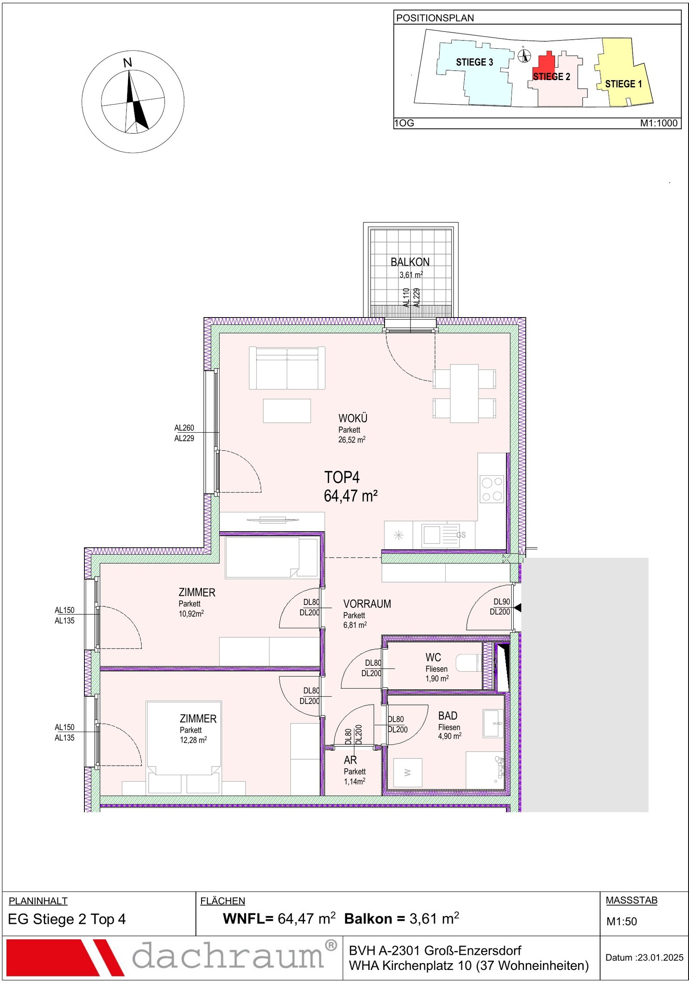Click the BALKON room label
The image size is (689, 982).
pos(410,262)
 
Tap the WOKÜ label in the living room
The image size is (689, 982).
pos(353,418)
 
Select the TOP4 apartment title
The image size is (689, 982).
pos(341,477)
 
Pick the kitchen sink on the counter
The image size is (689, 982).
pos(440,535)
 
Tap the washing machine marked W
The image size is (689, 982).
pos(407,773)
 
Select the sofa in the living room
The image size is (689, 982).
pos(287,368)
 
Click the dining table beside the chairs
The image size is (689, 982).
pos(464,393)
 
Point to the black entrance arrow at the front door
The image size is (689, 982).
pos(518,608)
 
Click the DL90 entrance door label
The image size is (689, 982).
pos(502,602)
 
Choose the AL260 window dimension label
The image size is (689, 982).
pos(184,428)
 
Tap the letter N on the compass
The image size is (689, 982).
pos(127,63)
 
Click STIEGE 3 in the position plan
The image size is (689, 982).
pos(474,62)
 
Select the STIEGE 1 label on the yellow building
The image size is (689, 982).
pos(623,84)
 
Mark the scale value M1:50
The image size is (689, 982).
pos(621,921)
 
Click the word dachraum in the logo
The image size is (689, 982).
pos(228,956)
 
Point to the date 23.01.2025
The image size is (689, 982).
pos(661,957)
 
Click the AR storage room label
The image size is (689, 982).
pos(350,760)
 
